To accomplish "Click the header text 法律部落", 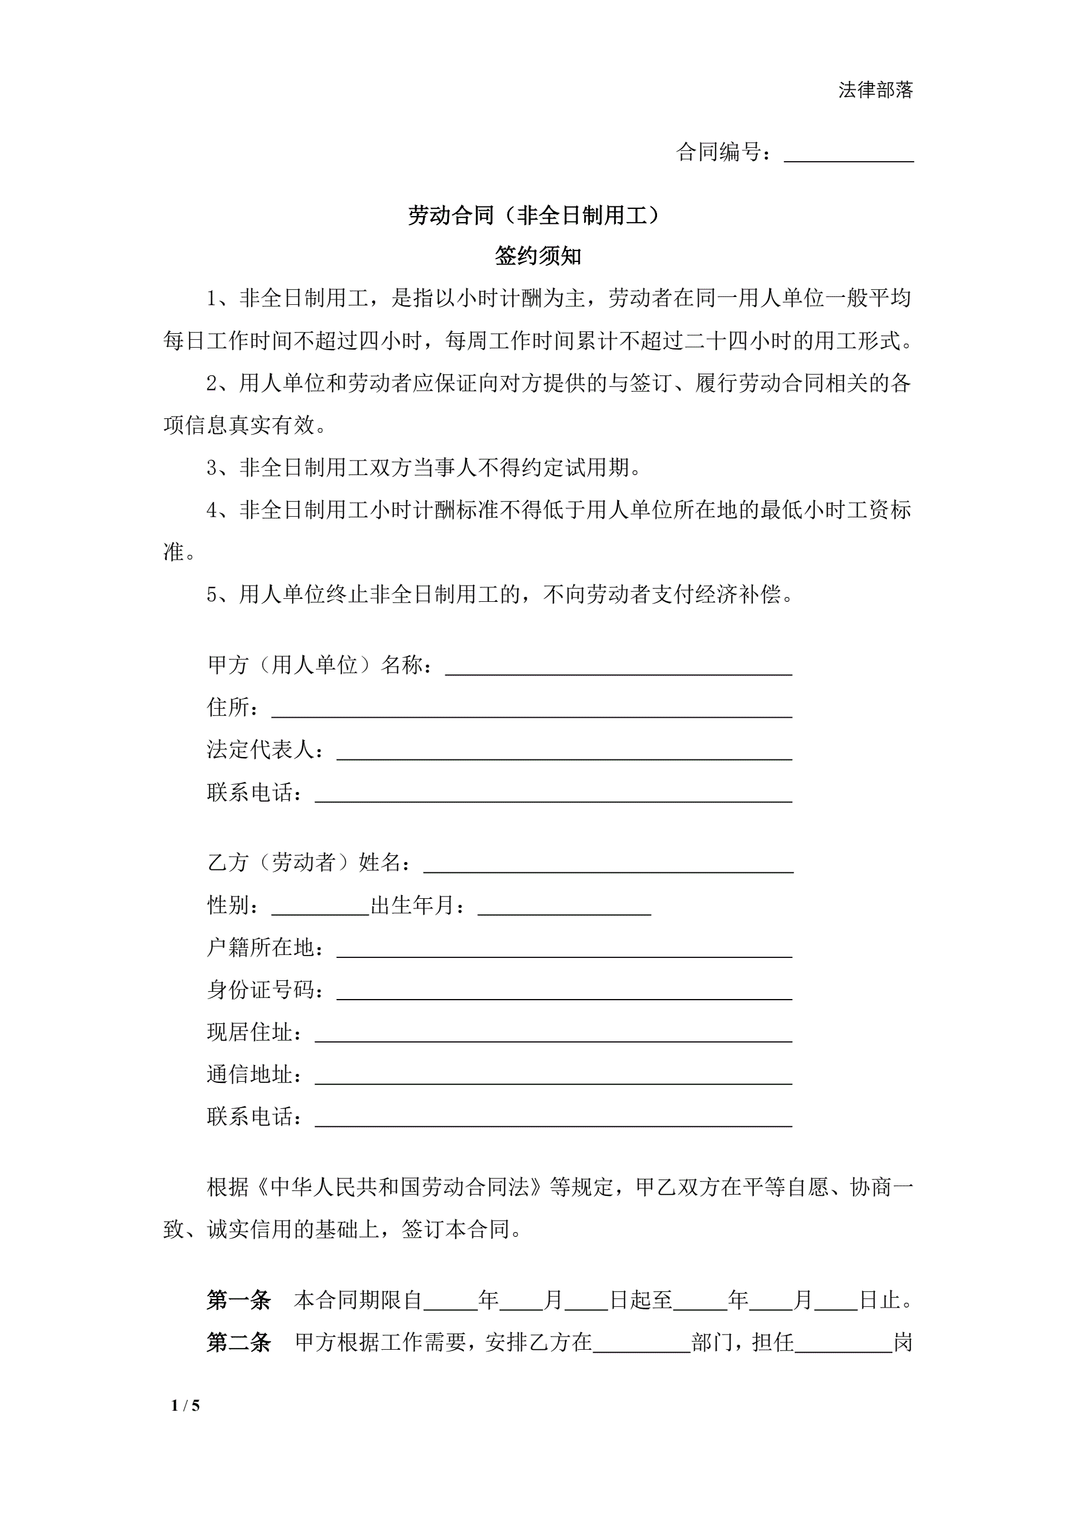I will click(x=875, y=89).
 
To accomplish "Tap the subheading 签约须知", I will click(x=538, y=255).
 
